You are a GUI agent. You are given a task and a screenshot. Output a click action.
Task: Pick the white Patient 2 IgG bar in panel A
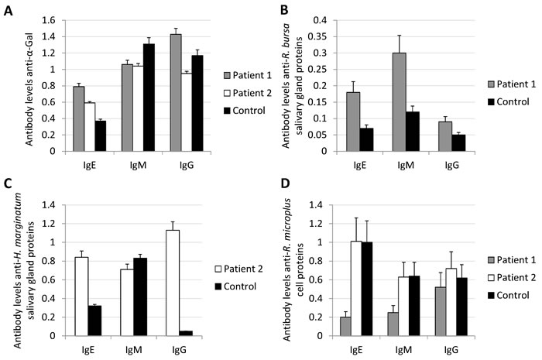pos(164,112)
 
